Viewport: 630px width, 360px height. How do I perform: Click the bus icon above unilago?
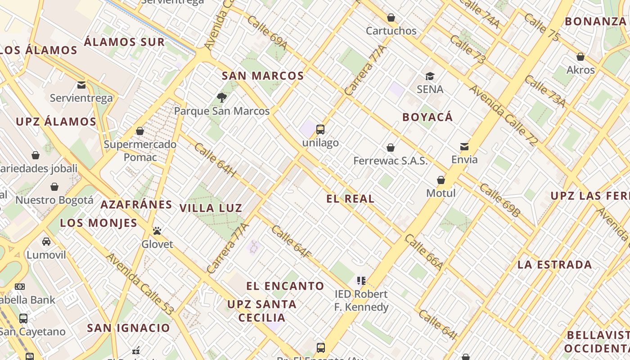click(320, 130)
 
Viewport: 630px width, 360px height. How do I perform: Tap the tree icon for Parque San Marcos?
click(221, 97)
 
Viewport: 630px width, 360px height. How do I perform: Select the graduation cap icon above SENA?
click(430, 76)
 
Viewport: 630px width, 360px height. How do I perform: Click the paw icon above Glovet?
click(157, 231)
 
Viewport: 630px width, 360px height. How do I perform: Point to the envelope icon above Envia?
click(464, 146)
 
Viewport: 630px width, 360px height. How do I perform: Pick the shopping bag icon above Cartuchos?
click(391, 18)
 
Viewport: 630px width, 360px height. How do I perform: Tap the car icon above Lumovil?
click(46, 242)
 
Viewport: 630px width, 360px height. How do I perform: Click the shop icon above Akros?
click(580, 57)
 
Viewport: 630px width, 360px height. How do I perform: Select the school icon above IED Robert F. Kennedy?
click(361, 281)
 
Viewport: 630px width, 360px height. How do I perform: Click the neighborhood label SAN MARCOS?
click(263, 76)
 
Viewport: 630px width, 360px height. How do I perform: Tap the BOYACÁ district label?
click(427, 117)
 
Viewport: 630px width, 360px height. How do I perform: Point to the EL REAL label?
click(350, 199)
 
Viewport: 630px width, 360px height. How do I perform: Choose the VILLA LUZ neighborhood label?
click(211, 208)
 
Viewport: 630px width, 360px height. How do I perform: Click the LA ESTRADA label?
click(554, 265)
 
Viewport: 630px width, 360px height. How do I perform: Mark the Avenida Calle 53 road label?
click(139, 283)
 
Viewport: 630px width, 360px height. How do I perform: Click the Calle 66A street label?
click(423, 252)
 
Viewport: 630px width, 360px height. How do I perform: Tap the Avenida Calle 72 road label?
click(503, 115)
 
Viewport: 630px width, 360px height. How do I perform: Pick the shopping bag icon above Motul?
click(441, 180)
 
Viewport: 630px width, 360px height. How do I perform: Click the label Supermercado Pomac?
click(140, 151)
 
